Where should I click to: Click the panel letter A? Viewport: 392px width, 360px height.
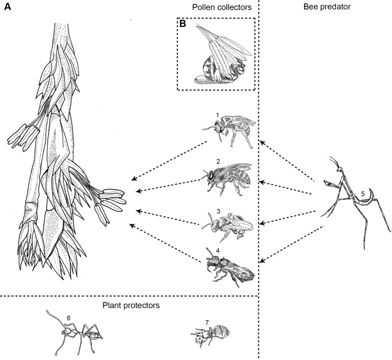8,10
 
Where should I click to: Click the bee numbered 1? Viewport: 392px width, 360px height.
230,126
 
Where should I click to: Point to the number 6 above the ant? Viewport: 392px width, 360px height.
69,318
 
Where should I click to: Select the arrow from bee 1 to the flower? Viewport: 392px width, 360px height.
167,160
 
